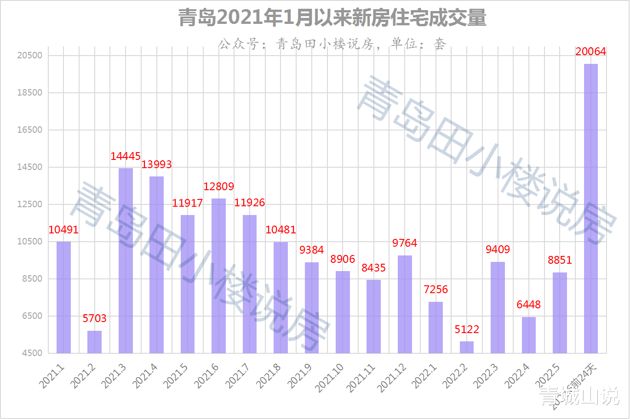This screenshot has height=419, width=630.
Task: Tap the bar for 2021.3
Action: (x=126, y=260)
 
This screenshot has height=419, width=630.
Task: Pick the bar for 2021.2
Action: (x=95, y=342)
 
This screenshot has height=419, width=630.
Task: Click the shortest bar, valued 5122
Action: (x=466, y=347)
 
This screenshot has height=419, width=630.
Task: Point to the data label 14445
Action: (x=126, y=156)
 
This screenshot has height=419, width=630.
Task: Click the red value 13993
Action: (x=156, y=164)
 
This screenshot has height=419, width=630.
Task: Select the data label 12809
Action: (x=218, y=187)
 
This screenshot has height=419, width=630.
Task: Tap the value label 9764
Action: (x=405, y=243)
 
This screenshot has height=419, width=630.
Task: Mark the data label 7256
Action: (x=435, y=289)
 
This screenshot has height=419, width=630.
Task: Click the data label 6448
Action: (x=528, y=305)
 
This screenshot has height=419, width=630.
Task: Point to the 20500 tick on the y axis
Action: (x=30, y=56)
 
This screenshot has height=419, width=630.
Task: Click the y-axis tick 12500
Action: (x=30, y=204)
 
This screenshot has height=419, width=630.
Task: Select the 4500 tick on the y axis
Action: (x=32, y=353)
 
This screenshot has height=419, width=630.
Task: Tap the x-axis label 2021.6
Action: (x=207, y=376)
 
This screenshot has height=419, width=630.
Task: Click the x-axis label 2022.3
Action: (x=486, y=376)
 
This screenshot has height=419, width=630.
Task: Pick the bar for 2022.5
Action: (x=560, y=312)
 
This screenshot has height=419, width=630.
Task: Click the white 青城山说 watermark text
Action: (x=579, y=396)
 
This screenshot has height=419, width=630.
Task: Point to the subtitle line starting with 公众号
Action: (x=332, y=44)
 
